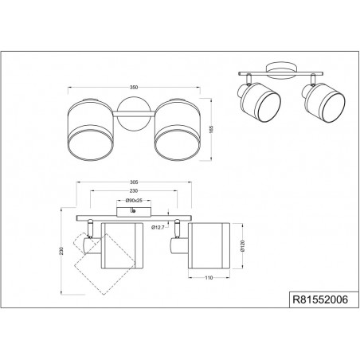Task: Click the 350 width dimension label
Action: [x=134, y=88]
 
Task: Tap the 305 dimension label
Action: [x=134, y=182]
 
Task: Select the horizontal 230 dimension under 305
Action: [x=134, y=190]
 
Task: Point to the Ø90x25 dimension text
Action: [x=134, y=201]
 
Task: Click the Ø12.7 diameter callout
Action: [x=158, y=227]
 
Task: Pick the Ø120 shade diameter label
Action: [x=242, y=245]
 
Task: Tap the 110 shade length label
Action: [x=209, y=278]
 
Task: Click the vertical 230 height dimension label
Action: [x=61, y=251]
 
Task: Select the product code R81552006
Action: [x=320, y=299]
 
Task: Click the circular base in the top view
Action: [x=134, y=114]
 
